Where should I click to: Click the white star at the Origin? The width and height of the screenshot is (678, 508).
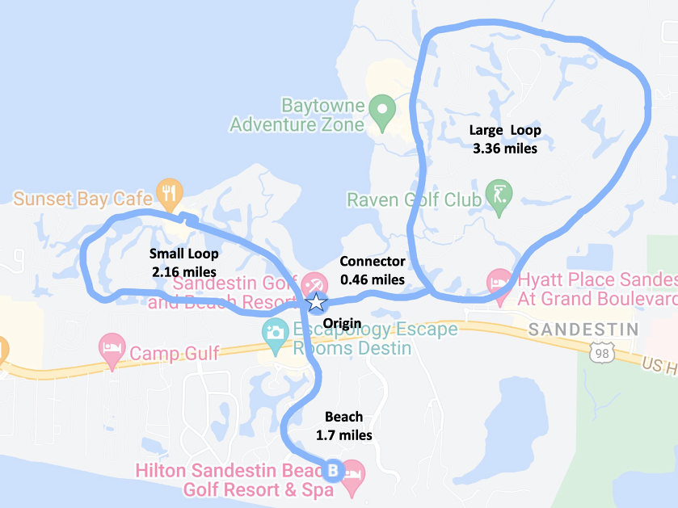pyautogui.click(x=316, y=303)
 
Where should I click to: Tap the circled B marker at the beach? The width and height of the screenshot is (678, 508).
pyautogui.click(x=332, y=469)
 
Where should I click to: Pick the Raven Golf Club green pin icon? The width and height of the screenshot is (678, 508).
pyautogui.click(x=495, y=196)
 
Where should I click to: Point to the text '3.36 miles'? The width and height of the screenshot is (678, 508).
pyautogui.click(x=505, y=148)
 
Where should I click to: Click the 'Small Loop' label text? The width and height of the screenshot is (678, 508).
pyautogui.click(x=183, y=254)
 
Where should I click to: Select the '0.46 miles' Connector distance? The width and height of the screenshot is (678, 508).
pyautogui.click(x=372, y=279)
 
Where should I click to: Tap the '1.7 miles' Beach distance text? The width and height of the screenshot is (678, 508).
pyautogui.click(x=344, y=435)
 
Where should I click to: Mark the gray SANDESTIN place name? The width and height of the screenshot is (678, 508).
pyautogui.click(x=582, y=330)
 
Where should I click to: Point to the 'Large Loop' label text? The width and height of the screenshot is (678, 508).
pyautogui.click(x=505, y=130)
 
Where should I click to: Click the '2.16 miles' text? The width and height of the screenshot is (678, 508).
pyautogui.click(x=184, y=271)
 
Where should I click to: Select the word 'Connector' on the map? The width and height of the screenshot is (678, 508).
pyautogui.click(x=372, y=262)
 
